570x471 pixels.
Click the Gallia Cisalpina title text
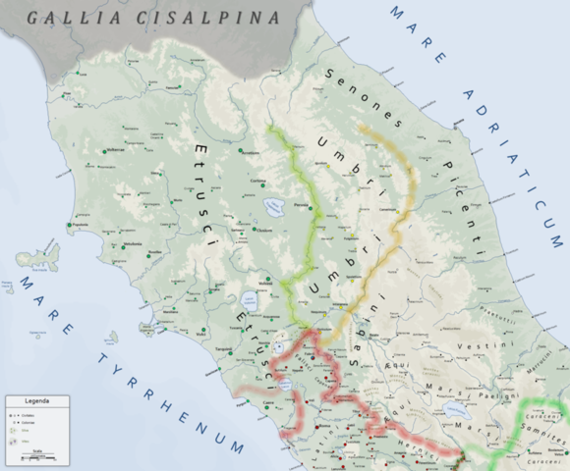tap(151, 17)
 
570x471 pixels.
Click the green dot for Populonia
tap(71, 227)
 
